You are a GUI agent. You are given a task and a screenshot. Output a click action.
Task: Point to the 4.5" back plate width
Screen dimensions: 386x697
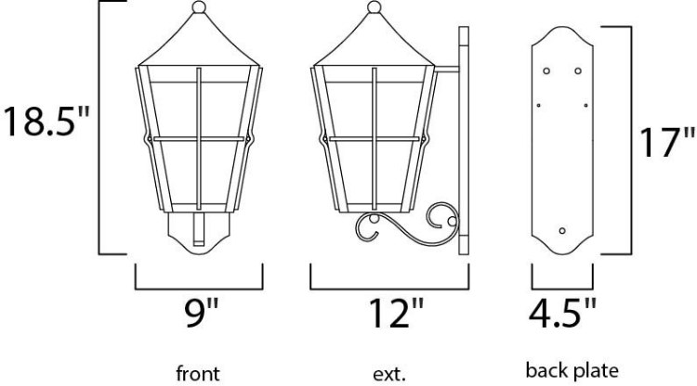point(562,314)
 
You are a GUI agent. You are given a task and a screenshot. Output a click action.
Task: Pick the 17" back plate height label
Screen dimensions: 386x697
point(664,144)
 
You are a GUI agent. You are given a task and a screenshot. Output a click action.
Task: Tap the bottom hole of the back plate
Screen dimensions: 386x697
point(561,228)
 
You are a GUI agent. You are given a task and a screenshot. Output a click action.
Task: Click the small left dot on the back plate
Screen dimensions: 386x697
point(537,104)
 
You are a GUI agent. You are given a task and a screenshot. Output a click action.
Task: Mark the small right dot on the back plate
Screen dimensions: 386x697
point(586,104)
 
